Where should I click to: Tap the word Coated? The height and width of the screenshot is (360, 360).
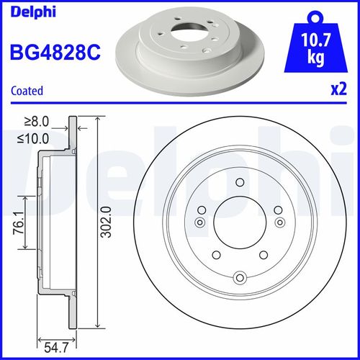27,91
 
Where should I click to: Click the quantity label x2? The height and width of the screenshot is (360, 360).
338,91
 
